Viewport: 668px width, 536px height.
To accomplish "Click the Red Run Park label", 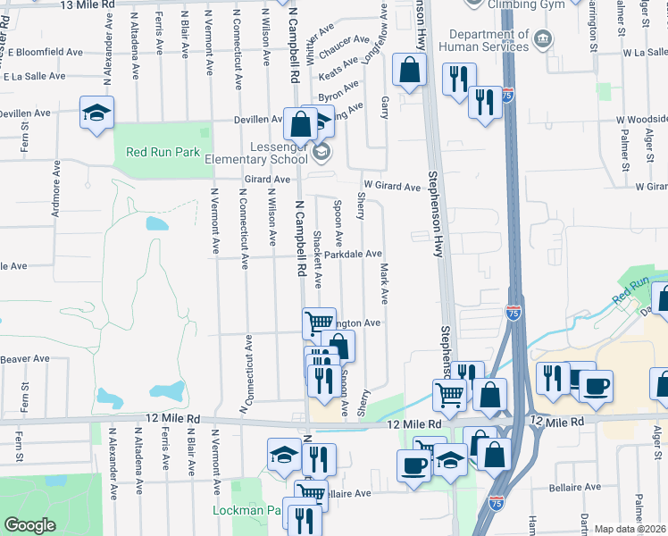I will pyautogui.click(x=163, y=152).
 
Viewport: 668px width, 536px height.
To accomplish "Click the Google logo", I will pyautogui.click(x=29, y=524).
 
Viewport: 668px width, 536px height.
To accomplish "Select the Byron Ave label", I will pyautogui.click(x=338, y=90).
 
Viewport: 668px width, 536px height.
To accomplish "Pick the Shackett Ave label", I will pyautogui.click(x=317, y=260).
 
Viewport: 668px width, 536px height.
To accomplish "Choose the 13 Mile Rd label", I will pyautogui.click(x=87, y=5).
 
